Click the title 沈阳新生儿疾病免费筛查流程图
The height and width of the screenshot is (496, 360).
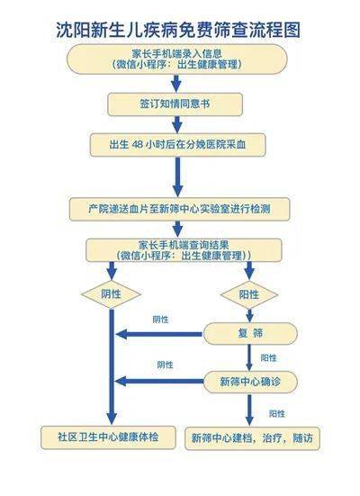[x=178, y=31]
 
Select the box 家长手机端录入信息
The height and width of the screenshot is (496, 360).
[x=176, y=59]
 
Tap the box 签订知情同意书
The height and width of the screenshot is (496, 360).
[x=175, y=104]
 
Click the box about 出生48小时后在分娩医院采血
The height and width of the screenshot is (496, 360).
[x=177, y=145]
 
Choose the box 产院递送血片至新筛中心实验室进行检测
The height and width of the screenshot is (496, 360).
[x=179, y=209]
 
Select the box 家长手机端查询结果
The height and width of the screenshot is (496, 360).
[x=184, y=250]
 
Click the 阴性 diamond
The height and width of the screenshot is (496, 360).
[x=111, y=294]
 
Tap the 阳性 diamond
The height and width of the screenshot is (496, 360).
[x=249, y=294]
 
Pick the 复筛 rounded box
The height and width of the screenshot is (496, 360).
[x=250, y=333]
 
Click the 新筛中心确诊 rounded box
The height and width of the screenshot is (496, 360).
[x=250, y=382]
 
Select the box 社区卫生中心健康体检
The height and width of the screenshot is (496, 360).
[x=108, y=437]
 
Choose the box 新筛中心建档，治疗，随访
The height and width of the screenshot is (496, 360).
[x=252, y=438]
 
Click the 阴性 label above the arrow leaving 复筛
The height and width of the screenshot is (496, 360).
[x=161, y=320]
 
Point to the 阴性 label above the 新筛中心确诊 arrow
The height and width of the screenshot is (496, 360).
[x=165, y=365]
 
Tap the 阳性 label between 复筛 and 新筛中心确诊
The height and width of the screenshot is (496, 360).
[x=268, y=358]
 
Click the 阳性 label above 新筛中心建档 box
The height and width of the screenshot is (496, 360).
[x=277, y=414]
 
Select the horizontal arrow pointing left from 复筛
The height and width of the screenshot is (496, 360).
[x=158, y=334]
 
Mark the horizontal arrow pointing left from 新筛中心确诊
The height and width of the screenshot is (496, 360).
[x=159, y=381]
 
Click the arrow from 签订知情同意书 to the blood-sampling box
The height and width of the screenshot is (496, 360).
[x=177, y=124]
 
